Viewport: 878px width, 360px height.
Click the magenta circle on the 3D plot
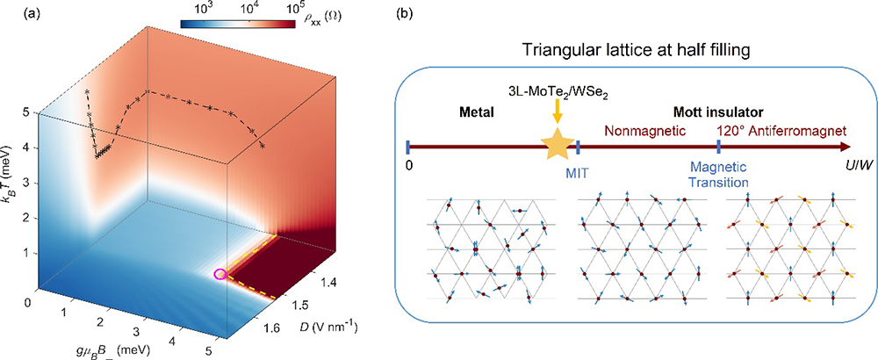220,274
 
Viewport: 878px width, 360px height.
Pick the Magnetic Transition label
719,174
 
